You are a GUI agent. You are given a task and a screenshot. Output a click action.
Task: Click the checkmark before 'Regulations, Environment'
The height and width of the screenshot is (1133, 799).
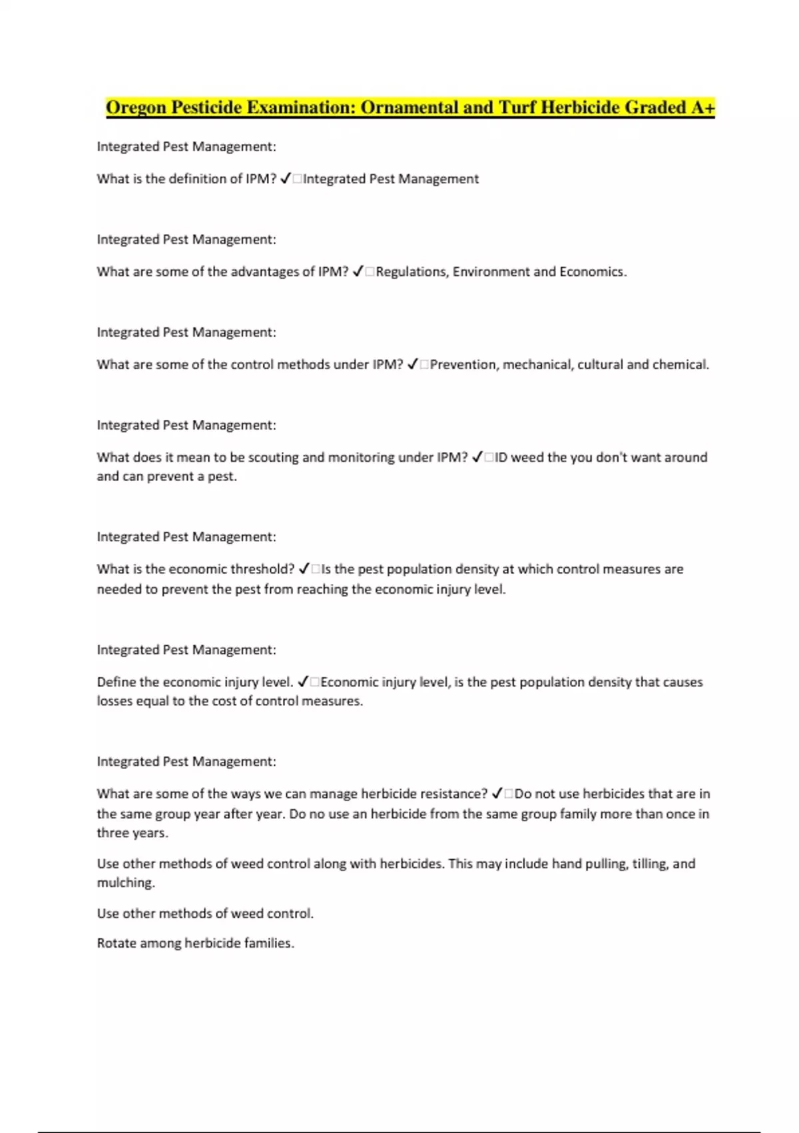pos(358,271)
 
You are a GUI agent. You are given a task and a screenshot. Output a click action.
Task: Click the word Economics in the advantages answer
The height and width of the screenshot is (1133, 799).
pos(593,272)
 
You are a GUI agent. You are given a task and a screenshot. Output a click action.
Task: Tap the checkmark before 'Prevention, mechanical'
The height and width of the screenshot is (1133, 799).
pos(412,364)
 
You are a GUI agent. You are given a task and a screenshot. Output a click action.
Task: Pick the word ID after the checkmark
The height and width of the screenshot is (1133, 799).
pos(501,457)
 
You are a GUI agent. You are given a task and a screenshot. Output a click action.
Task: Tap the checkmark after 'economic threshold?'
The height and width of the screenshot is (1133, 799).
pos(304,568)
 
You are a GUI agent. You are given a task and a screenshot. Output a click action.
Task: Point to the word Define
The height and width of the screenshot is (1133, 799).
pos(116,682)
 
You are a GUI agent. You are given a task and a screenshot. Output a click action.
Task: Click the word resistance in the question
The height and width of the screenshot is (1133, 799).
pos(453,794)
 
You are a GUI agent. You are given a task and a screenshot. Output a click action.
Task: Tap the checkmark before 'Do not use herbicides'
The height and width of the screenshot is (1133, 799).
pos(497,793)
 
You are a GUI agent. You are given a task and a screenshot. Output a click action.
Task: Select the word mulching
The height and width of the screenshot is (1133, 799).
pos(126,883)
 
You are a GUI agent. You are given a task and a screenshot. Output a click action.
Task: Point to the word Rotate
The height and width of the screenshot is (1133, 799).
pos(116,943)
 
